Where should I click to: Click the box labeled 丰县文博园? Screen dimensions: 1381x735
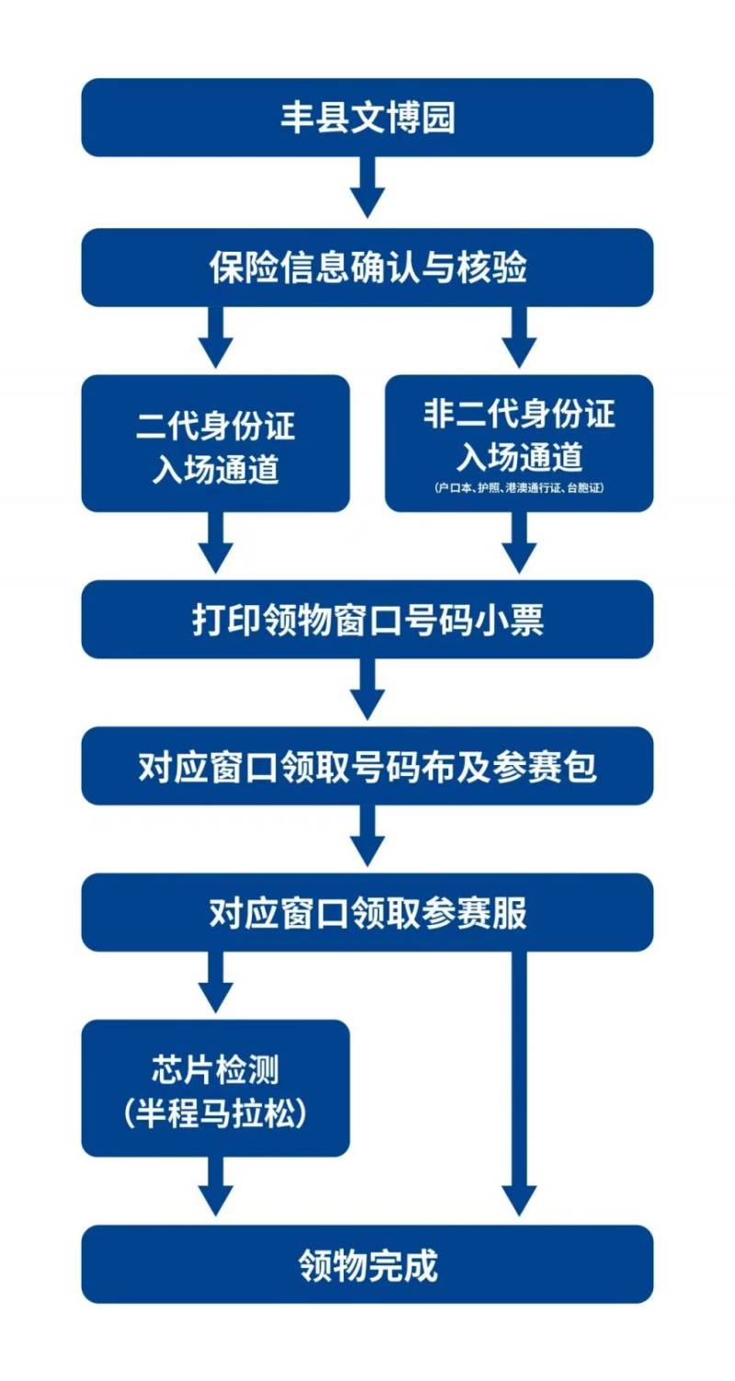pos(367,118)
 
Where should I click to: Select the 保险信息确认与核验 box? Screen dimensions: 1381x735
pos(367,268)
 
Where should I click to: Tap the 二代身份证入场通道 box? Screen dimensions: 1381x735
pos(216,443)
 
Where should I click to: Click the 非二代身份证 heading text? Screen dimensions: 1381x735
pos(519,414)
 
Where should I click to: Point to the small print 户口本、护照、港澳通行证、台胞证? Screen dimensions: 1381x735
pos(519,488)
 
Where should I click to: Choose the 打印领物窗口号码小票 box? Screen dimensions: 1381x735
pos(367,620)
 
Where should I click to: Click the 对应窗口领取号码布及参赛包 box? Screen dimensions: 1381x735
pos(367,766)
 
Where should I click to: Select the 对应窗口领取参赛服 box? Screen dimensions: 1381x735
pos(367,912)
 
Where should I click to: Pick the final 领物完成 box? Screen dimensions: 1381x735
pos(367,1264)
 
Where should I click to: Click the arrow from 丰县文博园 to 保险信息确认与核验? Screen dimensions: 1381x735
pos(367,188)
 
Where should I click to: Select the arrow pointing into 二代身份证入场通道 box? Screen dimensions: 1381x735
pos(216,338)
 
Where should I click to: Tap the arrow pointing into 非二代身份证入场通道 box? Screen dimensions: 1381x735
pos(519,338)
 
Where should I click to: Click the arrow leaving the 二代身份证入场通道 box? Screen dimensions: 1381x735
pos(216,543)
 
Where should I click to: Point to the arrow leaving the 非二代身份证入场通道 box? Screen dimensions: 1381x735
pos(519,543)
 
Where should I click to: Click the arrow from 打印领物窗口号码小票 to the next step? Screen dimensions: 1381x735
pos(367,690)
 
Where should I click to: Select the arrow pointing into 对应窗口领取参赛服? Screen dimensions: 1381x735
pos(367,836)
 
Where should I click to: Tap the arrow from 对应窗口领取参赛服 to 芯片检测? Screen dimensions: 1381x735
pos(216,982)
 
